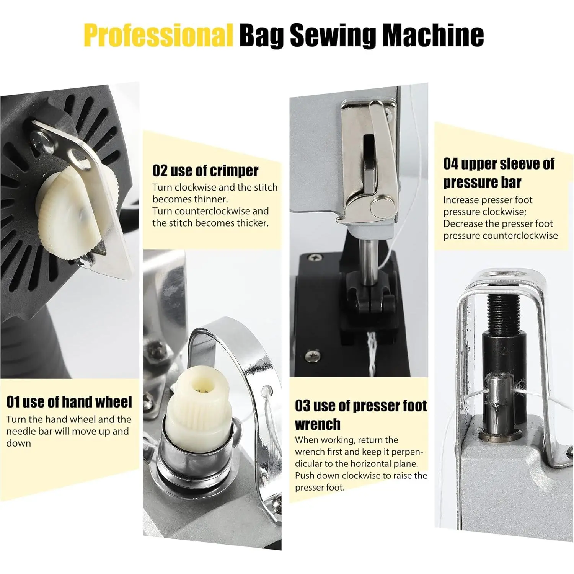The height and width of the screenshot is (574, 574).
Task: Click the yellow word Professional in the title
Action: tap(158, 35)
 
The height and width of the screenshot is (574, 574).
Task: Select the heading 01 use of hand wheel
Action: tap(69, 402)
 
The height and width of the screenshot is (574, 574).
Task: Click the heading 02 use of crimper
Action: tap(205, 171)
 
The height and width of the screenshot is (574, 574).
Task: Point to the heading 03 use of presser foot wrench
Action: tap(361, 415)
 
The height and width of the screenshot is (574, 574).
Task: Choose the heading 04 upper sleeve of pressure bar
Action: tap(499, 173)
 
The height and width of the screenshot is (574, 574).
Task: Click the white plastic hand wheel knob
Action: tap(73, 212)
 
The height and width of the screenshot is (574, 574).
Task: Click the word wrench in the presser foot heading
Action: tap(318, 424)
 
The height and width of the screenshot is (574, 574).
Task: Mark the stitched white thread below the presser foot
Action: tap(372, 352)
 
